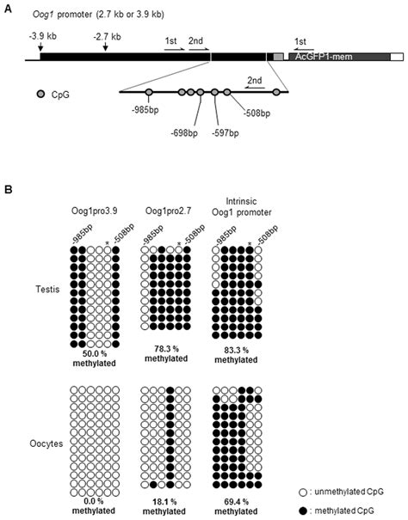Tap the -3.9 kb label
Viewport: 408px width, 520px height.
[x=40, y=36]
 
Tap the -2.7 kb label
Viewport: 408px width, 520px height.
[x=105, y=36]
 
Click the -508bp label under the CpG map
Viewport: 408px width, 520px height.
[x=255, y=113]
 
